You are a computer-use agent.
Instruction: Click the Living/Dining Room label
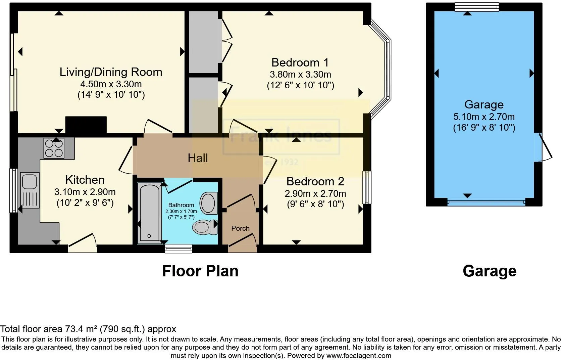[x=111, y=72]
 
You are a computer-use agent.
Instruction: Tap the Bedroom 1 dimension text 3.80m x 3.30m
[x=300, y=75]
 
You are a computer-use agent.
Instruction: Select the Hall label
[x=198, y=158]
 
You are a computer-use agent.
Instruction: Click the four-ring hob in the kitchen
[x=54, y=148]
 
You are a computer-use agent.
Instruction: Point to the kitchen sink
[x=30, y=190]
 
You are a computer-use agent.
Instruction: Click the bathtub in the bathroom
[x=149, y=213]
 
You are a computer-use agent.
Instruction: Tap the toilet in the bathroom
[x=205, y=227]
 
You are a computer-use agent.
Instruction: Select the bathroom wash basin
[x=208, y=203]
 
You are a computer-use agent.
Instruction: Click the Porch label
[x=241, y=228]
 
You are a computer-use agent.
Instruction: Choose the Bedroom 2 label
[x=315, y=181]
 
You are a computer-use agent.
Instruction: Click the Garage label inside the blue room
[x=484, y=104]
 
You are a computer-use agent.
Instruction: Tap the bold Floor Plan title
[x=200, y=271]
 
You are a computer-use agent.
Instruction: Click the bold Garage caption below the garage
[x=490, y=271]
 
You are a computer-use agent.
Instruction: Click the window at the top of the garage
[x=477, y=7]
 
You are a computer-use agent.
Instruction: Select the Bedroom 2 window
[x=367, y=187]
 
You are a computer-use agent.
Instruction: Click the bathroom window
[x=178, y=249]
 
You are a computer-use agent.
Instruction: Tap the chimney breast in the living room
[x=86, y=125]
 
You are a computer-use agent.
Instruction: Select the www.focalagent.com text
[x=359, y=356]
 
